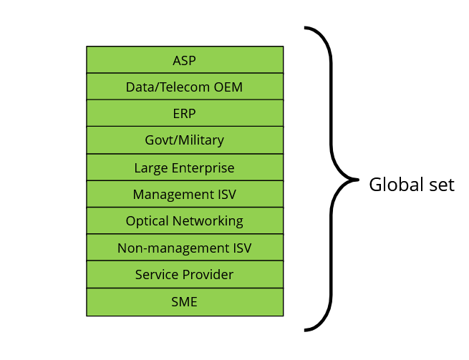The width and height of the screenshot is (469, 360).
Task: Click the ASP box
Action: click(x=184, y=60)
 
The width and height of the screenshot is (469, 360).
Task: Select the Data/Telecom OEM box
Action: click(x=184, y=87)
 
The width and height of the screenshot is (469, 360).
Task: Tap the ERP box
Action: click(x=184, y=114)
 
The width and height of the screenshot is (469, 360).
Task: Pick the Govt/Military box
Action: click(x=184, y=141)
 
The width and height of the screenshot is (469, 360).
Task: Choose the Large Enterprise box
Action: click(x=184, y=168)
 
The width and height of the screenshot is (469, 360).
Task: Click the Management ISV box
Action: click(x=184, y=195)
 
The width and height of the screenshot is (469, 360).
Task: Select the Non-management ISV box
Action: click(x=184, y=248)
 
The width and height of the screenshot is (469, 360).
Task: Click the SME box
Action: click(x=184, y=302)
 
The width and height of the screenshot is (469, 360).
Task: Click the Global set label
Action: click(x=411, y=185)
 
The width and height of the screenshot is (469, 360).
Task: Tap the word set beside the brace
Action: click(x=441, y=185)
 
